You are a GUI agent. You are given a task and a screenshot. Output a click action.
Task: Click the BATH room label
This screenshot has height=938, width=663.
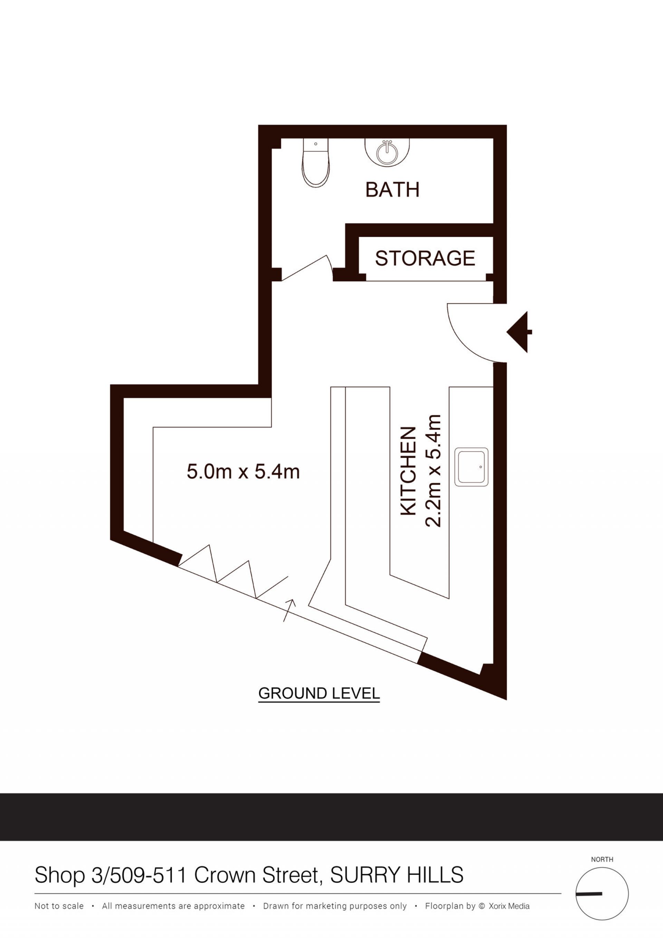pyautogui.click(x=392, y=190)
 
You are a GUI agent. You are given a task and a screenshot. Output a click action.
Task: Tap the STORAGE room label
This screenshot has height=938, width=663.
pyautogui.click(x=425, y=258)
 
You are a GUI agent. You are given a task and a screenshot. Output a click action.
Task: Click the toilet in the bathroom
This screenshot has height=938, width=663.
pyautogui.click(x=315, y=163)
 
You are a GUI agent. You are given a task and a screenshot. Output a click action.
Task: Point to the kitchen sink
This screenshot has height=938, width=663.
pyautogui.click(x=471, y=467)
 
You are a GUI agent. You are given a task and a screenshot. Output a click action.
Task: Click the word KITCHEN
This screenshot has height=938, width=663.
pyautogui.click(x=408, y=471)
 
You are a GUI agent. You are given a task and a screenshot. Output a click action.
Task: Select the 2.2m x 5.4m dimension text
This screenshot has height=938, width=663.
pyautogui.click(x=433, y=471)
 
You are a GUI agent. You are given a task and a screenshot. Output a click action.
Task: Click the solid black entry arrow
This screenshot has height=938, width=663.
pyautogui.click(x=519, y=332)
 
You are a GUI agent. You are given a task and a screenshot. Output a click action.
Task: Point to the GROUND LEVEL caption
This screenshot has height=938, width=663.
pyautogui.click(x=319, y=693)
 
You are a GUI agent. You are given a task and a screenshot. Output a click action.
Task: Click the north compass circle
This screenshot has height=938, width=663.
pyautogui.click(x=602, y=894)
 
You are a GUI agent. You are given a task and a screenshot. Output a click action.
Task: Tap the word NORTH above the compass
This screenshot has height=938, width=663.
pyautogui.click(x=602, y=860)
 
